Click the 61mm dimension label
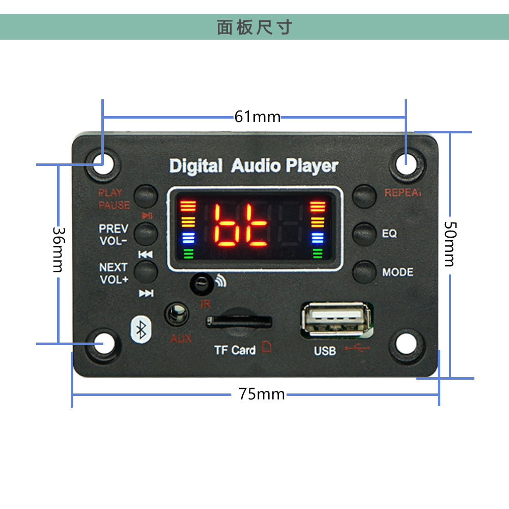pyautogui.click(x=258, y=117)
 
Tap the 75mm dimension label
pyautogui.click(x=262, y=394)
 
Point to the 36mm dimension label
pyautogui.click(x=58, y=249)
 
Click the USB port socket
pyautogui.click(x=333, y=319)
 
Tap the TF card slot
pyautogui.click(x=239, y=322)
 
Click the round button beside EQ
pyautogui.click(x=364, y=234)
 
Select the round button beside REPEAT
pyautogui.click(x=364, y=195)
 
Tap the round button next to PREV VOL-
pyautogui.click(x=146, y=233)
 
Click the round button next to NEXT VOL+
pyautogui.click(x=146, y=271)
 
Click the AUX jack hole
pyautogui.click(x=177, y=315)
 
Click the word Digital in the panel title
pyautogui.click(x=195, y=166)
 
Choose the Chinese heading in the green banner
pyautogui.click(x=254, y=27)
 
